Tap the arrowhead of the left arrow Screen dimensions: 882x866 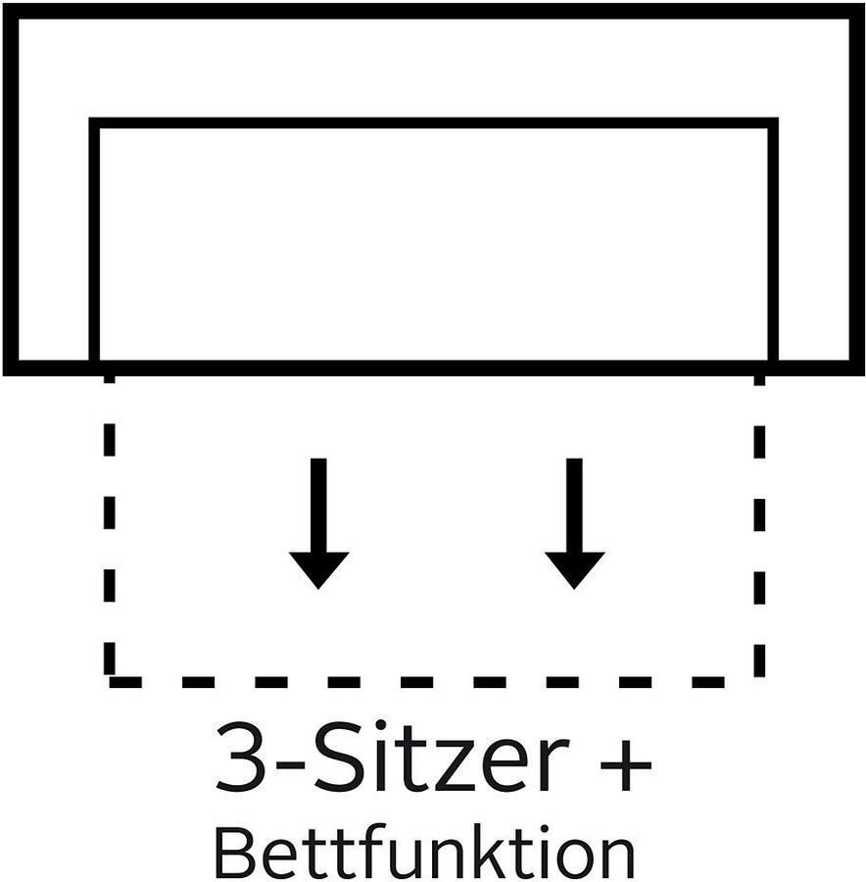click(318, 568)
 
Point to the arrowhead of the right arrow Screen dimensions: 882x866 click(574, 568)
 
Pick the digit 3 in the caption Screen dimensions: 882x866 click(241, 759)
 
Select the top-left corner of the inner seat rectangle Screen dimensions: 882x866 click(95, 123)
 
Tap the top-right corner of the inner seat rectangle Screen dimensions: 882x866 click(773, 123)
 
